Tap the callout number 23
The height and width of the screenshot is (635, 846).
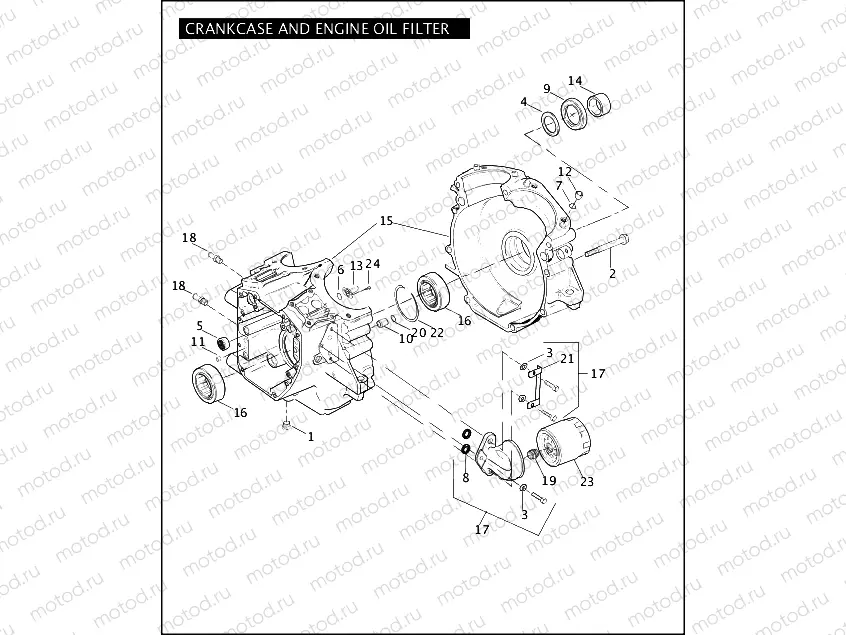point(587,481)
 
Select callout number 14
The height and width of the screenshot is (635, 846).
point(575,81)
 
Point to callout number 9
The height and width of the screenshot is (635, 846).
point(547,89)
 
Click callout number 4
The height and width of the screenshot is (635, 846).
point(523,102)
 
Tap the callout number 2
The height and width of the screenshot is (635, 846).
point(613,272)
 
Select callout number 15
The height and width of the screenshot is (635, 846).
point(387,220)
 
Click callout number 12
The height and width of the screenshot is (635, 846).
point(565,172)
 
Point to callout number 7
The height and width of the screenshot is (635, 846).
point(559,186)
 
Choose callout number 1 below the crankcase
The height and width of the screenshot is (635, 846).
point(310,436)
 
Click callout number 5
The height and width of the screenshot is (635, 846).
point(200,325)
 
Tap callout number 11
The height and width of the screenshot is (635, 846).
point(199,341)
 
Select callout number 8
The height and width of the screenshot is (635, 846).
point(466,478)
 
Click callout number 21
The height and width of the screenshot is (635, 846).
point(567,358)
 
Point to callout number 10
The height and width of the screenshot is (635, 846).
point(406,339)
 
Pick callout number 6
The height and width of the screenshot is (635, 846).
point(340,270)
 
